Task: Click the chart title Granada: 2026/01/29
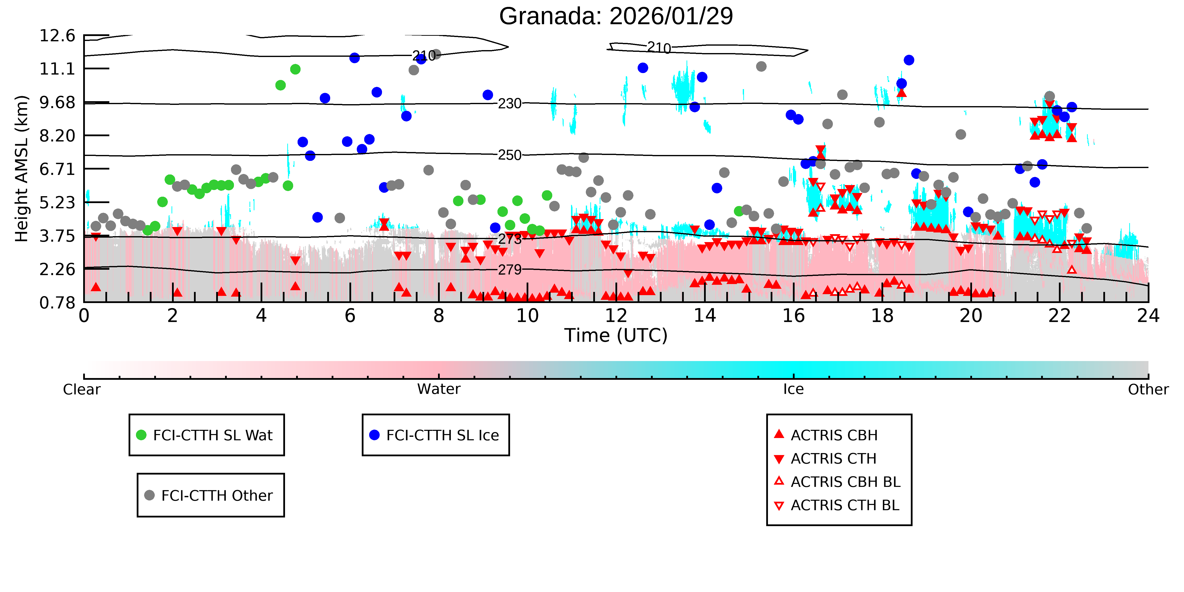(616, 17)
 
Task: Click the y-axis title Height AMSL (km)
(22, 169)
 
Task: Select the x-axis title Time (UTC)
(616, 336)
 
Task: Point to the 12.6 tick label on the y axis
(57, 35)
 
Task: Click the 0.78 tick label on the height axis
(57, 303)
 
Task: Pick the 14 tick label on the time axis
(705, 316)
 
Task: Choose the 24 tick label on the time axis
(1148, 316)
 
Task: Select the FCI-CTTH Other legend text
(217, 496)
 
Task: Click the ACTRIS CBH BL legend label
(845, 482)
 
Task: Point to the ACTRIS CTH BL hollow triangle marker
(779, 506)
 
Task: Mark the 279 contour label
(510, 270)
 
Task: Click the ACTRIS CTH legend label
(833, 459)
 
